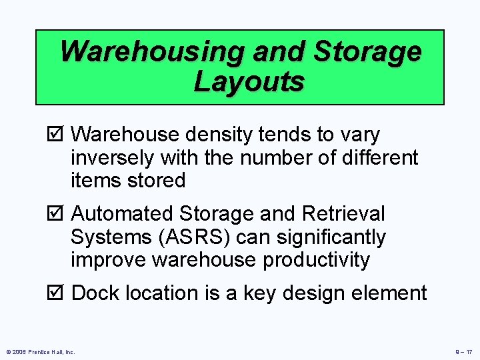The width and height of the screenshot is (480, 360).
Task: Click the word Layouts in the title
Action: click(249, 82)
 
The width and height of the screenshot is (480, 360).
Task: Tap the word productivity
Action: click(316, 260)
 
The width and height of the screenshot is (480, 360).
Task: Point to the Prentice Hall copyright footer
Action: click(39, 351)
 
